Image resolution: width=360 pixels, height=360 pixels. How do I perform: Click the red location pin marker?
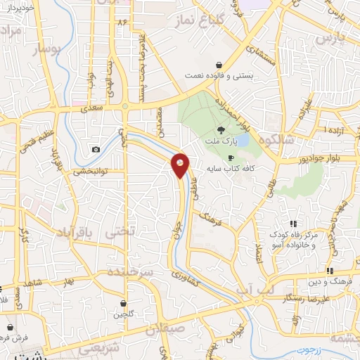[x=181, y=165]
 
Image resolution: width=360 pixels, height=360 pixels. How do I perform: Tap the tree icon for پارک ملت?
[x=221, y=130]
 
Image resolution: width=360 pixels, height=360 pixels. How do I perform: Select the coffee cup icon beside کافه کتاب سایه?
[x=231, y=158]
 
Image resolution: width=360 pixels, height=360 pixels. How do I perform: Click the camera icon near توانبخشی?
[x=96, y=149]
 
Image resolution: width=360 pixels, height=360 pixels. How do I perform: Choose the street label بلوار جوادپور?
[x=324, y=159]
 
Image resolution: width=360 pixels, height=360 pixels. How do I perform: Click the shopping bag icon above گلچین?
[x=124, y=304]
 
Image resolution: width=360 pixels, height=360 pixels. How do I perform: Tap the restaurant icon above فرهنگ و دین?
[x=329, y=271]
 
